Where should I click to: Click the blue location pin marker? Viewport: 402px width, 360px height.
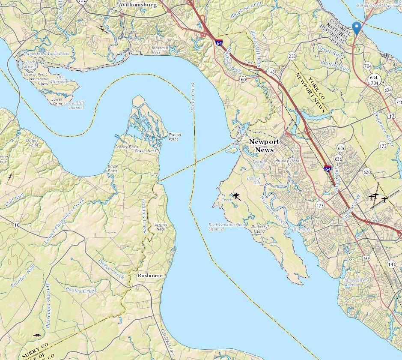356,27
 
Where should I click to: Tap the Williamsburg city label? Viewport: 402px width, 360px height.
138,5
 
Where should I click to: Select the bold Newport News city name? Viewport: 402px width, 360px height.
264,146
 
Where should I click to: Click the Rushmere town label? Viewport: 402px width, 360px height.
150,276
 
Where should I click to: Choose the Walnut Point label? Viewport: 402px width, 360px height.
175,136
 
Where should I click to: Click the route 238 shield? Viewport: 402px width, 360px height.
292,56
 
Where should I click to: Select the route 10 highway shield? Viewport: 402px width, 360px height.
16,225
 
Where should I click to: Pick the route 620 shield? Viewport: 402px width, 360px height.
367,172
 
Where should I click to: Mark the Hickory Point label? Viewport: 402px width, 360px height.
288,161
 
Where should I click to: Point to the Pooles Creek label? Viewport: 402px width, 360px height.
81,290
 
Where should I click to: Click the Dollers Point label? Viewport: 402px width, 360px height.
32,143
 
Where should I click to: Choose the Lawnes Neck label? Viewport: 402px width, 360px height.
161,227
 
